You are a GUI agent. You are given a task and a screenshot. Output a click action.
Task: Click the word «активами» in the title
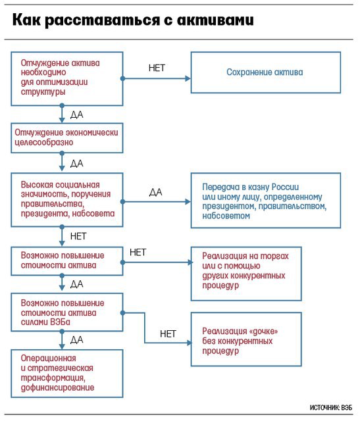(215, 20)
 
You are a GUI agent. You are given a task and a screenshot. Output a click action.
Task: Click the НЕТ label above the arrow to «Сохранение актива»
(157, 68)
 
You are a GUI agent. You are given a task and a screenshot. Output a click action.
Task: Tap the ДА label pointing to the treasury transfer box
(155, 192)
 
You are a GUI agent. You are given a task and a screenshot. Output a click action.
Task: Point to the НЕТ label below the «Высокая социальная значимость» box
(78, 236)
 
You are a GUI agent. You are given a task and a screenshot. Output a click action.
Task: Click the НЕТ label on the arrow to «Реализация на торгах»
(138, 253)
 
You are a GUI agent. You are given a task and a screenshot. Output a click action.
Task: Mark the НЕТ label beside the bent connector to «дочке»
(168, 334)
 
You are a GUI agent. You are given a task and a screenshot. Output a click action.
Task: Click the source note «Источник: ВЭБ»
(331, 408)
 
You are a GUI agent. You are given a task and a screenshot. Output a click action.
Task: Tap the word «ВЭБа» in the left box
(60, 322)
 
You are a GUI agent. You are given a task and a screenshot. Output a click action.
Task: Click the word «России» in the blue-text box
(285, 187)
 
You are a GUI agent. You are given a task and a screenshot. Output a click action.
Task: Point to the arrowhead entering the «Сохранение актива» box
(188, 79)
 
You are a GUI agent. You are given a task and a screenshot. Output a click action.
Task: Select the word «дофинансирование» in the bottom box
(57, 387)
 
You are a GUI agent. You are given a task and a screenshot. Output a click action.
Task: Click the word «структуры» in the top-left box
(43, 92)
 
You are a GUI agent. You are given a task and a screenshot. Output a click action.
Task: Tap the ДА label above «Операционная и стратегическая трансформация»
(77, 340)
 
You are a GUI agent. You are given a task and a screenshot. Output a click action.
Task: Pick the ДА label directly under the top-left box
(77, 115)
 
